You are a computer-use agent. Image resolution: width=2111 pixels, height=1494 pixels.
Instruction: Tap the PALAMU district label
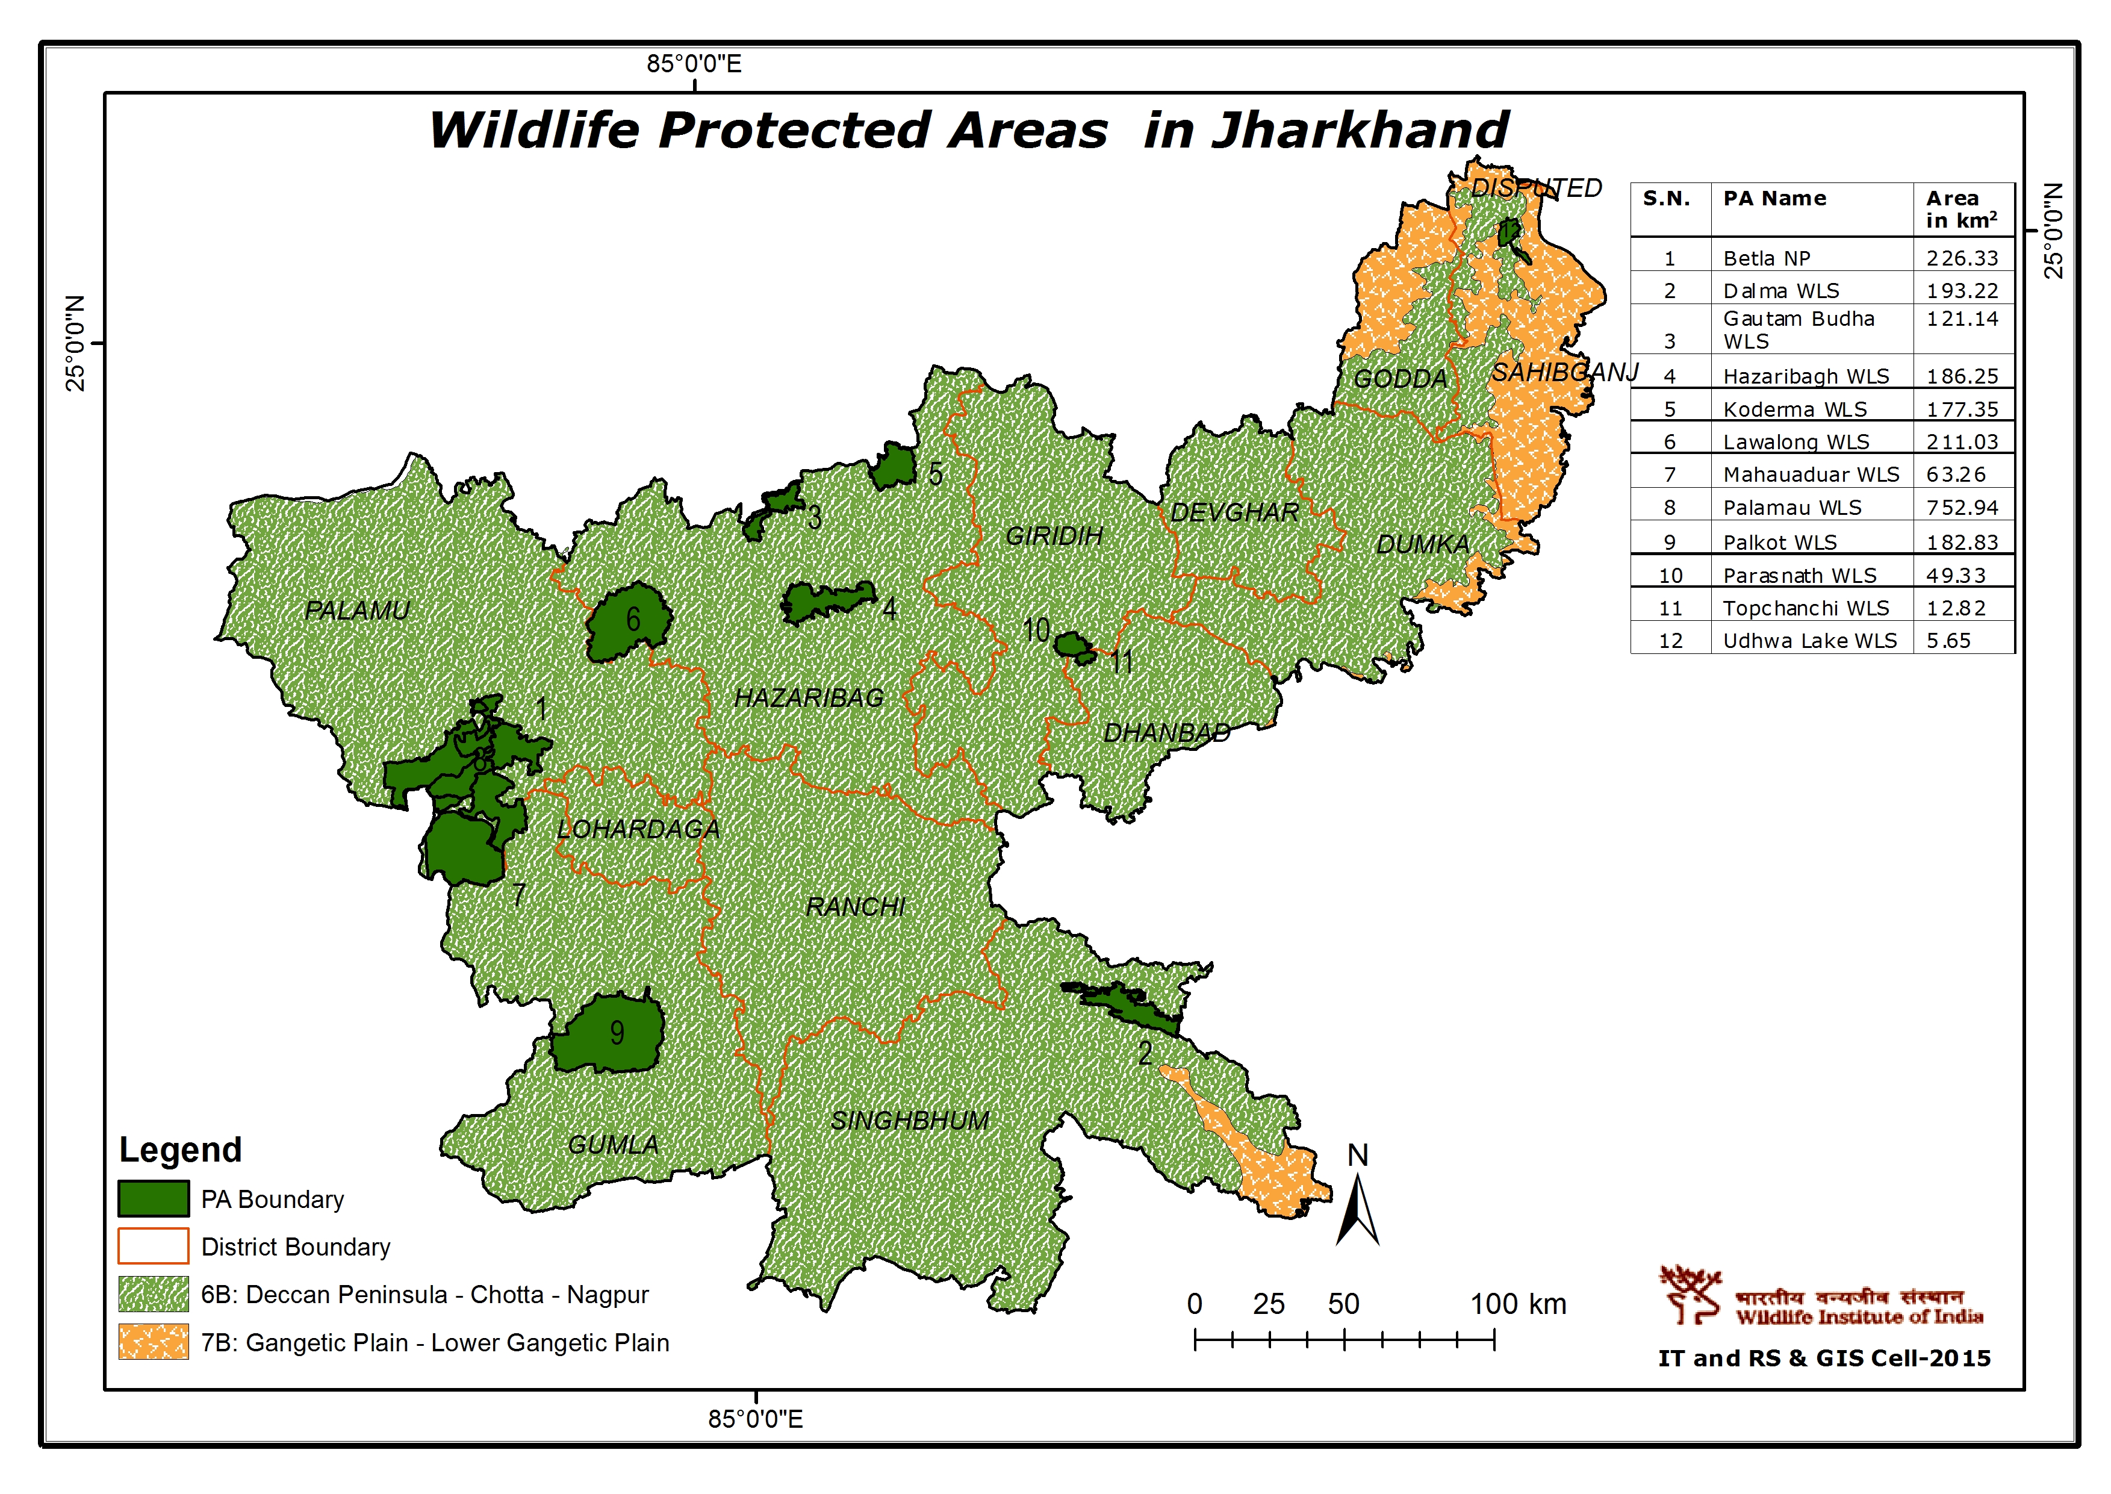[357, 610]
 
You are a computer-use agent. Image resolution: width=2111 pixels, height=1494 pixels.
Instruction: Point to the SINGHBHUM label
[910, 1121]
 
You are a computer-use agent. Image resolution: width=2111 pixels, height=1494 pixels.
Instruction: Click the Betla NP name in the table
[1766, 258]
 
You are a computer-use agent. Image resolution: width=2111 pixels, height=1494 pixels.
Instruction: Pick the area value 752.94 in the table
[1962, 508]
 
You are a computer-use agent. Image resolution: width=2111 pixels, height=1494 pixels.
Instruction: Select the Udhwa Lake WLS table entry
[1809, 641]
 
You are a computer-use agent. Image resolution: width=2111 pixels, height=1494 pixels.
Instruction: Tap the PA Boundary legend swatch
[154, 1199]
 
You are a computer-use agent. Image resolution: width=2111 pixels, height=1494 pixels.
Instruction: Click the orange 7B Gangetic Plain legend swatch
[154, 1342]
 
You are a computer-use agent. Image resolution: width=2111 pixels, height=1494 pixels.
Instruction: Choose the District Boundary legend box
[154, 1247]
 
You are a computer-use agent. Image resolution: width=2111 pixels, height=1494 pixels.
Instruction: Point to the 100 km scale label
[1518, 1304]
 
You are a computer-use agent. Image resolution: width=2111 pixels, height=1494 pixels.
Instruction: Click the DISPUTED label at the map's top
[1536, 188]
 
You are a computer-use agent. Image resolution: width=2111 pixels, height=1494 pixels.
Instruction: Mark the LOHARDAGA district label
[638, 829]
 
